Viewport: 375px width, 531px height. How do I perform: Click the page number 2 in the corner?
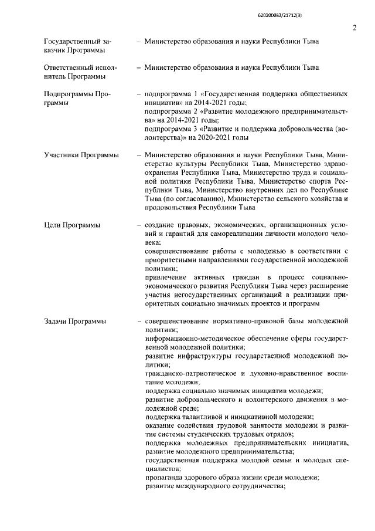point(354,28)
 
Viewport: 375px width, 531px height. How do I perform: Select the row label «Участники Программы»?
point(81,155)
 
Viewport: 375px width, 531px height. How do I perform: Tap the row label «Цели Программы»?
point(71,225)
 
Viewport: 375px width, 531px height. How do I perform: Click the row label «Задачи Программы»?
point(75,322)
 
